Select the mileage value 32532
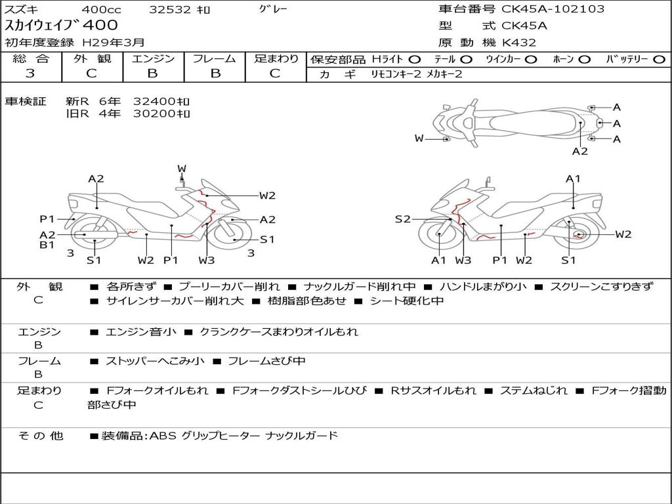click(x=171, y=10)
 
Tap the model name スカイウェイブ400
click(x=62, y=26)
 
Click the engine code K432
click(x=519, y=43)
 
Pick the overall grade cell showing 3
click(x=30, y=73)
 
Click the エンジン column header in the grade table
click(x=153, y=59)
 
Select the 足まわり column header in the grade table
click(x=276, y=59)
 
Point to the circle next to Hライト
click(x=415, y=60)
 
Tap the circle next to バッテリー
click(x=659, y=60)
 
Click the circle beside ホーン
click(x=584, y=60)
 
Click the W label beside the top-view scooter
click(x=419, y=138)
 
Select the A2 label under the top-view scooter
click(x=579, y=152)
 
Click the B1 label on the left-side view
click(x=47, y=245)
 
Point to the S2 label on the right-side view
click(x=402, y=219)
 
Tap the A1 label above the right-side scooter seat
click(x=573, y=178)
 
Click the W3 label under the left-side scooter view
click(x=206, y=261)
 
